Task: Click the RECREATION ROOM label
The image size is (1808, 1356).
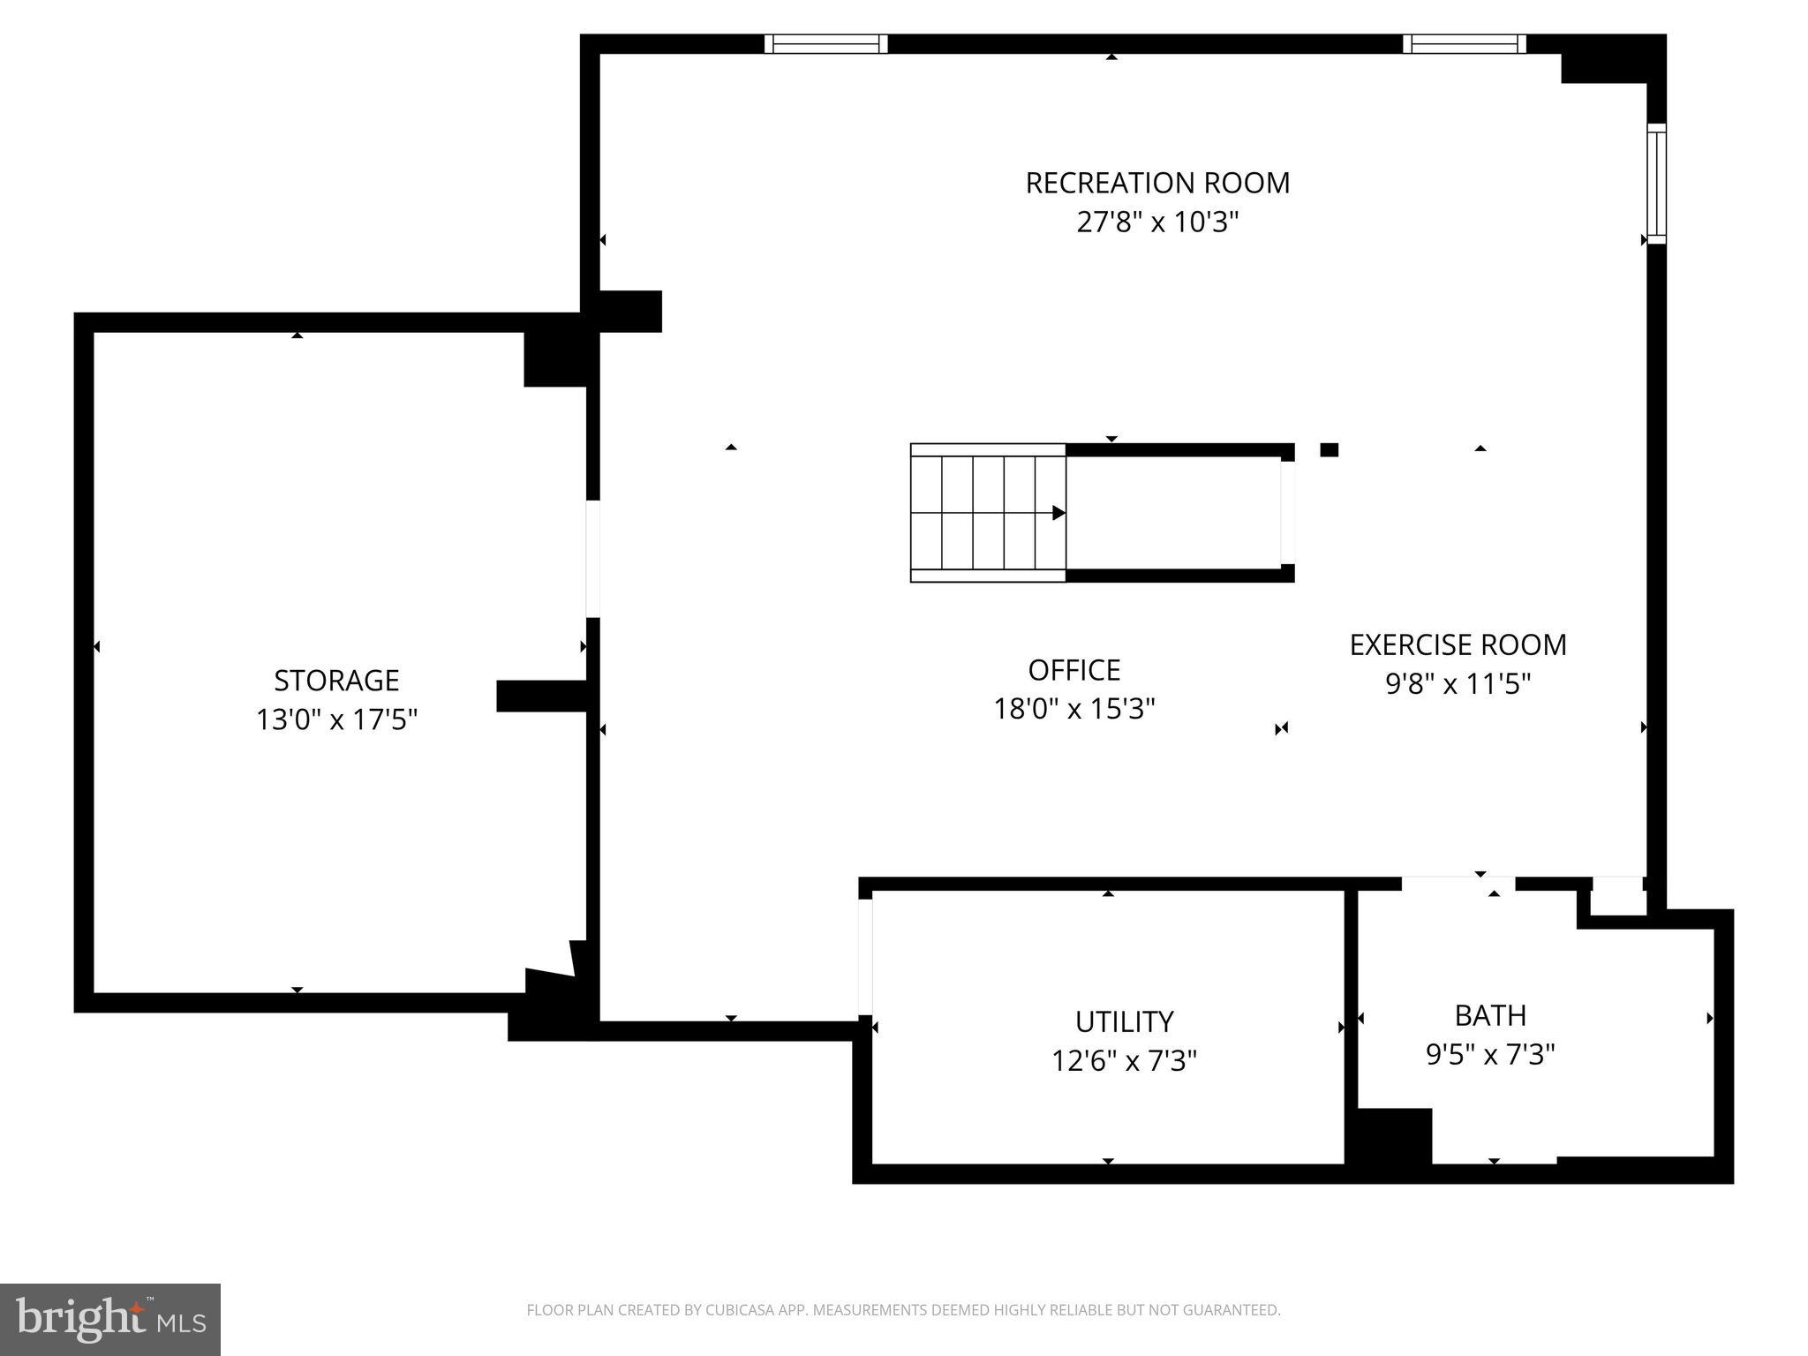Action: pos(1156,183)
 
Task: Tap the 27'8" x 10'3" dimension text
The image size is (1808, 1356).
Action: pos(1156,222)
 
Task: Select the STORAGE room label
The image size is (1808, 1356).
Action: pos(336,681)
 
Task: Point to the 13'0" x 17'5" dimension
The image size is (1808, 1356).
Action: pos(336,719)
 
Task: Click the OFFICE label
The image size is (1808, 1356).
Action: pos(1073,670)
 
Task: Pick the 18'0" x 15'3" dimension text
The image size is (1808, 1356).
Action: pos(1073,709)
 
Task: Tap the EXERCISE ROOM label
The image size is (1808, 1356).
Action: pos(1458,645)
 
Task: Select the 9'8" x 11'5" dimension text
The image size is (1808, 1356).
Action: pos(1458,684)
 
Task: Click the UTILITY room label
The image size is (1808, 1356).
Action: pos(1124,1021)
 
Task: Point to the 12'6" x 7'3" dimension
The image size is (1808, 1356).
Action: pos(1124,1060)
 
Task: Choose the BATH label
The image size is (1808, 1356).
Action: pos(1490,1015)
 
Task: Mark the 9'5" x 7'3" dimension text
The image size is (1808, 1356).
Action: pos(1490,1054)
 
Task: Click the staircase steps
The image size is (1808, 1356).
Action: pos(987,513)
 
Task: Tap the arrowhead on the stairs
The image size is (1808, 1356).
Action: pos(1058,513)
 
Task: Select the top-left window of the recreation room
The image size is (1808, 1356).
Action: pos(825,44)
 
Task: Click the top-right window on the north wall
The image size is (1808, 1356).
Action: pos(1465,44)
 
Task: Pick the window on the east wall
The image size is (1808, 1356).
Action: pos(1656,184)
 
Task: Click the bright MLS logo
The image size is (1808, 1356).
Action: pos(109,1320)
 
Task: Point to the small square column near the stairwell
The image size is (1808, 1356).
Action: pos(1329,450)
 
